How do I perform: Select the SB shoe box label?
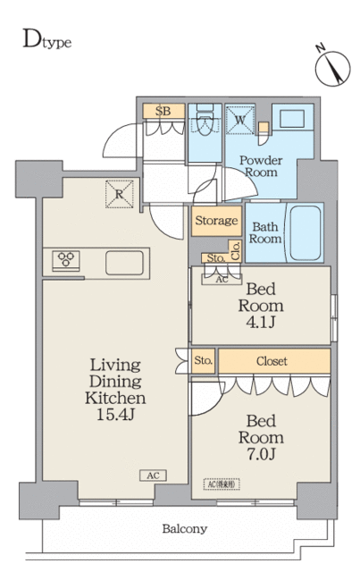(x=163, y=111)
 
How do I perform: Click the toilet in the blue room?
(x=204, y=122)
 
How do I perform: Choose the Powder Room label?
(x=259, y=165)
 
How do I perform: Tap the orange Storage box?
(x=215, y=221)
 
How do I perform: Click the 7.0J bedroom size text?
(x=262, y=455)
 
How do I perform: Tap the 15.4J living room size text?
(x=115, y=414)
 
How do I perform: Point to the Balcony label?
(x=185, y=528)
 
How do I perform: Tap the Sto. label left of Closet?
(x=203, y=361)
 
